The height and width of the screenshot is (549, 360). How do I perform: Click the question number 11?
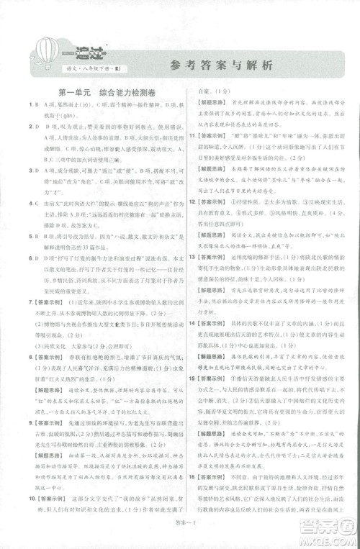193,135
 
